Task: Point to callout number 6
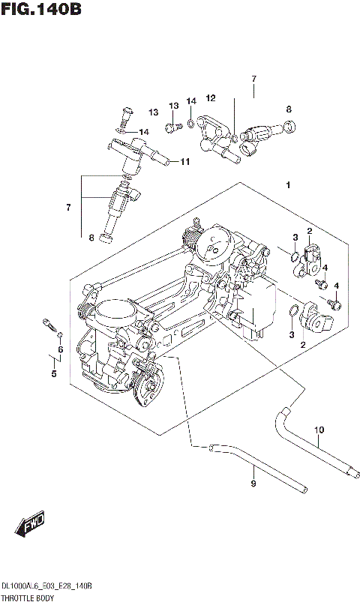(x=60, y=349)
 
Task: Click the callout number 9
(x=253, y=484)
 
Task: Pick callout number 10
(x=319, y=430)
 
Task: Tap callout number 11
(x=184, y=160)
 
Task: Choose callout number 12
(x=211, y=98)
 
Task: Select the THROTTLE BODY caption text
(x=28, y=598)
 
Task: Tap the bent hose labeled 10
(x=307, y=442)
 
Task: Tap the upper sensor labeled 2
(x=313, y=259)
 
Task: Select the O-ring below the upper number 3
(x=294, y=260)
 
